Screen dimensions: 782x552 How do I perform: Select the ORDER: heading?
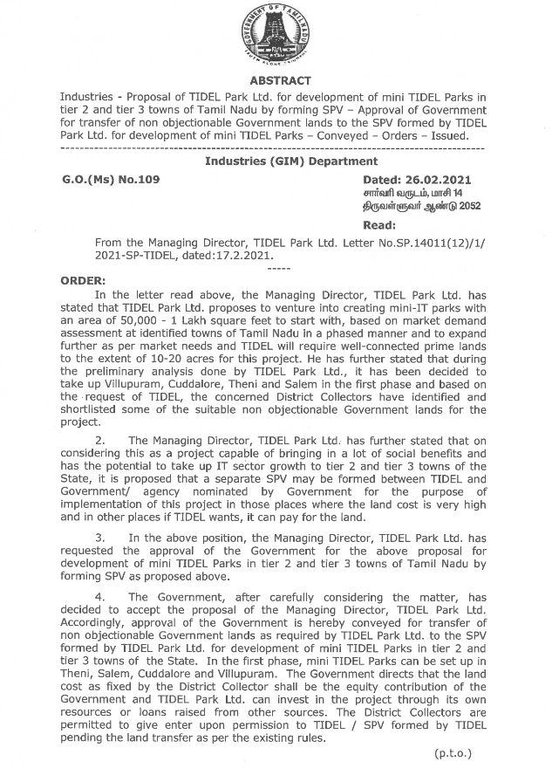pos(82,280)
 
